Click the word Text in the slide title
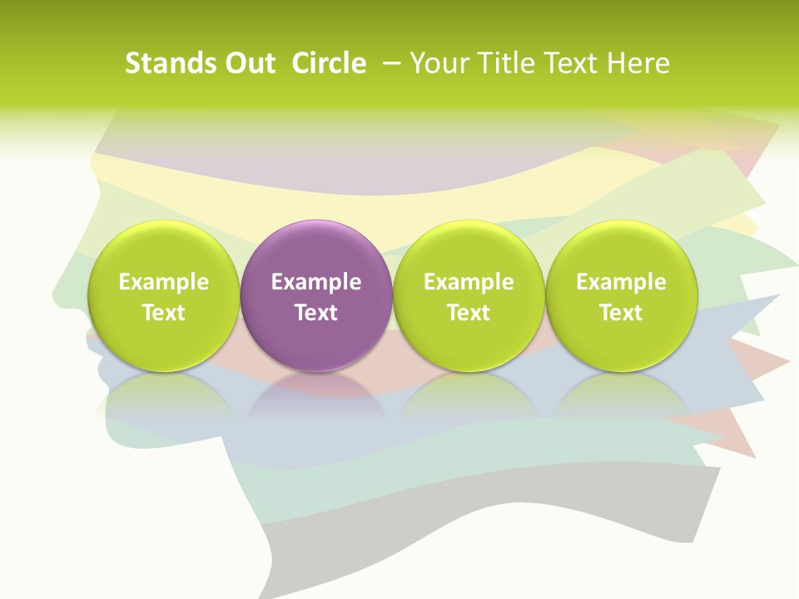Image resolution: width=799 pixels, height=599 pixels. tap(574, 63)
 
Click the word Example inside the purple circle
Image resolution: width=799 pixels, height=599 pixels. tap(316, 282)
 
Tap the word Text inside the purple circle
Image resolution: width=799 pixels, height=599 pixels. tap(316, 313)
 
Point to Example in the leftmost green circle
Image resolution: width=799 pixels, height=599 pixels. tap(163, 282)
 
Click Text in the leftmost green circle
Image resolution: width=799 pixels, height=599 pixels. tap(163, 313)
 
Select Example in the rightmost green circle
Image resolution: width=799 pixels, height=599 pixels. tap(622, 282)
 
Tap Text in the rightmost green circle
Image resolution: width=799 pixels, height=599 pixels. tap(622, 313)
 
